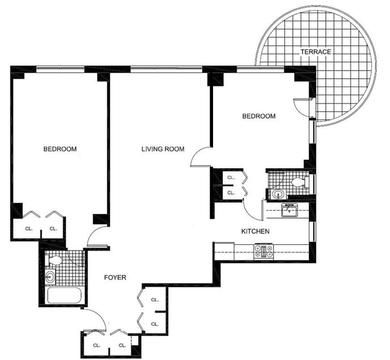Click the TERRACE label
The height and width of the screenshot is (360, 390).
coord(315,52)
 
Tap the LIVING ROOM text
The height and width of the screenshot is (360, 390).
coord(163,149)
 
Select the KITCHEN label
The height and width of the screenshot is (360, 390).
coord(255,231)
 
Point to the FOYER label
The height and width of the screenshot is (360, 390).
coord(116,278)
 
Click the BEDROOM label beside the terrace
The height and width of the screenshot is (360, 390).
coord(259,116)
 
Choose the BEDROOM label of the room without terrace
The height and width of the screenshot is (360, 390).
coord(59,149)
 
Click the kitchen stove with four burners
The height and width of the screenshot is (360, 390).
coord(264,251)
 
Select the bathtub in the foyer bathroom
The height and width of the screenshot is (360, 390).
coord(63,295)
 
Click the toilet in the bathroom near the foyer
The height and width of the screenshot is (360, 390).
coord(54,260)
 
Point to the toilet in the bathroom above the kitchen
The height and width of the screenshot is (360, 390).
coord(298,183)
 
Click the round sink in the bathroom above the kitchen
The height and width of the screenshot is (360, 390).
coord(278,194)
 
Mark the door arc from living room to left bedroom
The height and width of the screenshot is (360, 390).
coord(96,236)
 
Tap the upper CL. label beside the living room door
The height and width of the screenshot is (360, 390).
coord(231,178)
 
